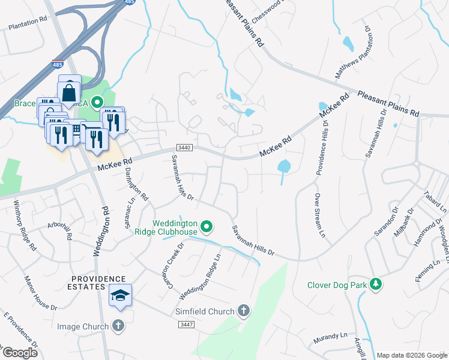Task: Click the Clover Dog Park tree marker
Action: point(376,284)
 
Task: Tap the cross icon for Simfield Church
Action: point(243,310)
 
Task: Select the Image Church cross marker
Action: point(118,326)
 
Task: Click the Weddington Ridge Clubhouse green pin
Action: point(206,227)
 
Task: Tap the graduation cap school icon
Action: point(121,296)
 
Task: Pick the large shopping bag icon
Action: point(70,92)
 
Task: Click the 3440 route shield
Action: point(184,148)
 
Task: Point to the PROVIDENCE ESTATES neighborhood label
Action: point(99,279)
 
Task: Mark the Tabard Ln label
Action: point(435,202)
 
